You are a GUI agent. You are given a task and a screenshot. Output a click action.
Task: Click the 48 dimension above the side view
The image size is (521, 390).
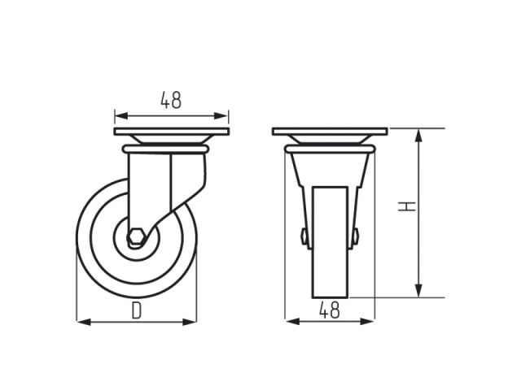point(171,100)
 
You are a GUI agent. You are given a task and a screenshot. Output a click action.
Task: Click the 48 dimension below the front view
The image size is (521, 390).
point(329,310)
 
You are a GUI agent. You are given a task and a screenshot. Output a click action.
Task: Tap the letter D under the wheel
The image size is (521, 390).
point(137,310)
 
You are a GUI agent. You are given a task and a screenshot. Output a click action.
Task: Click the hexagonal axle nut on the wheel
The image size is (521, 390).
point(137,237)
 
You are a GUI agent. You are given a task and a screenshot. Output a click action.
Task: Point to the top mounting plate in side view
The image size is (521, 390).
point(171,132)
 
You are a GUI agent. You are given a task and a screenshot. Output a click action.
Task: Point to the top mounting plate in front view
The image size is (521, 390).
point(330,132)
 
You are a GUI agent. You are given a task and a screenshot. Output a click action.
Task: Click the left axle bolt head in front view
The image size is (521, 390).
point(304,236)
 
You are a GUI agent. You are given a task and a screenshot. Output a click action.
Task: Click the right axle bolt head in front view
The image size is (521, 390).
point(355,236)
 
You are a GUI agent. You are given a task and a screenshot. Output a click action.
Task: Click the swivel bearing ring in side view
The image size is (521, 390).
point(165,149)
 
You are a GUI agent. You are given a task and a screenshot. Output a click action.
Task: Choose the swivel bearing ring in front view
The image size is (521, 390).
point(330,149)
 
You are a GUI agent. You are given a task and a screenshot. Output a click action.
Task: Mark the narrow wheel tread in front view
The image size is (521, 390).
point(330,268)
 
